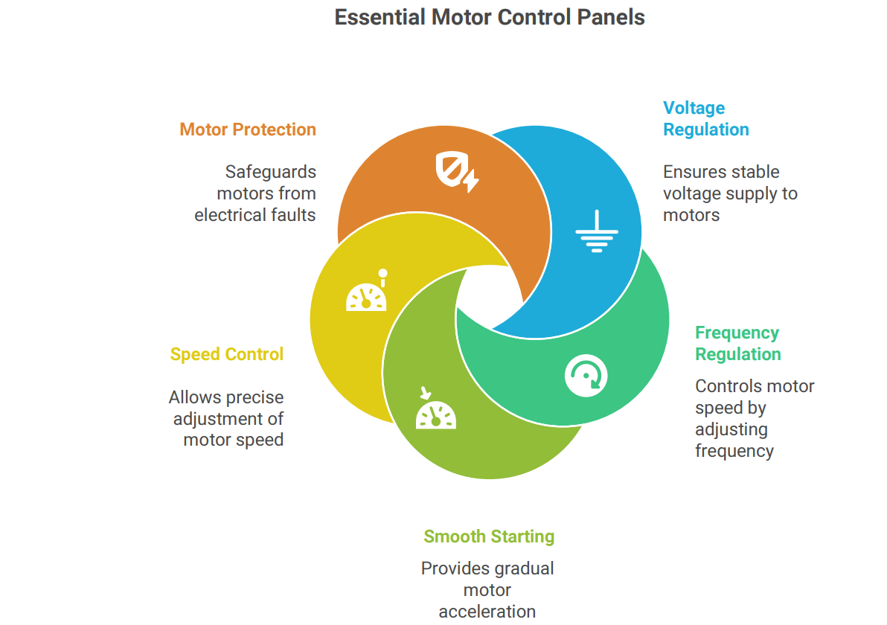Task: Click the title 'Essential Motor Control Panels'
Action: (x=489, y=17)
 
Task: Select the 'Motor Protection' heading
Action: (x=248, y=129)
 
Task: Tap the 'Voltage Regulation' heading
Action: (x=705, y=119)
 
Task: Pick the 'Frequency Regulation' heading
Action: (x=737, y=343)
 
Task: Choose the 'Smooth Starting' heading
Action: (x=489, y=536)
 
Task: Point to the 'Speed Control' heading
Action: (x=227, y=354)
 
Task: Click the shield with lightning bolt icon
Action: (x=456, y=172)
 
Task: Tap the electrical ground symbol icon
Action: (x=596, y=232)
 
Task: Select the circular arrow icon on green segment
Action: (x=586, y=375)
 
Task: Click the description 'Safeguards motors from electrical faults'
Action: (x=255, y=193)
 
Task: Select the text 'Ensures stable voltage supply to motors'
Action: (x=729, y=193)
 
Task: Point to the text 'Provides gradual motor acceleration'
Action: (x=487, y=590)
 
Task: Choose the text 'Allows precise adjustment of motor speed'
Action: (x=226, y=418)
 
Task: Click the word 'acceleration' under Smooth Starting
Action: (x=487, y=612)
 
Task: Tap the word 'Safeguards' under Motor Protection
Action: (x=270, y=172)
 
